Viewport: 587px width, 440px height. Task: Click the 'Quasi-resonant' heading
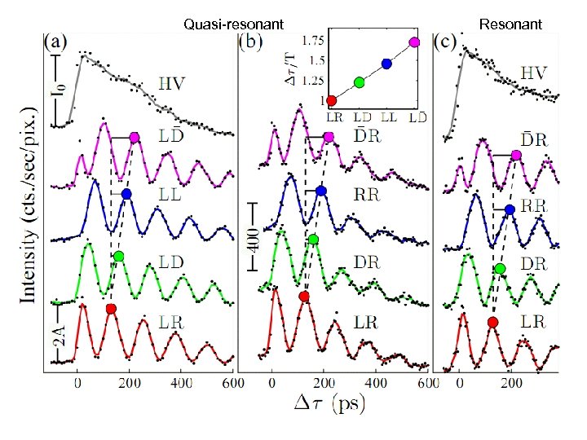[234, 24]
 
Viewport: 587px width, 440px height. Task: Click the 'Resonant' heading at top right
[510, 24]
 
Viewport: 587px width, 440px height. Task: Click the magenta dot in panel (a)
[135, 138]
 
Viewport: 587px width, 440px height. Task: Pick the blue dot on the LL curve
[126, 194]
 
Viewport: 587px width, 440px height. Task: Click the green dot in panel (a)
[118, 257]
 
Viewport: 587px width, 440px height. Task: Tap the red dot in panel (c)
[492, 323]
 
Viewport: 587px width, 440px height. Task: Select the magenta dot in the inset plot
[414, 42]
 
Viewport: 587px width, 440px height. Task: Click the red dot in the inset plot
[331, 101]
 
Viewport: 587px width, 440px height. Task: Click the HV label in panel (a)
[170, 83]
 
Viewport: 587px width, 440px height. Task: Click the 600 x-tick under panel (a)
[232, 382]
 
